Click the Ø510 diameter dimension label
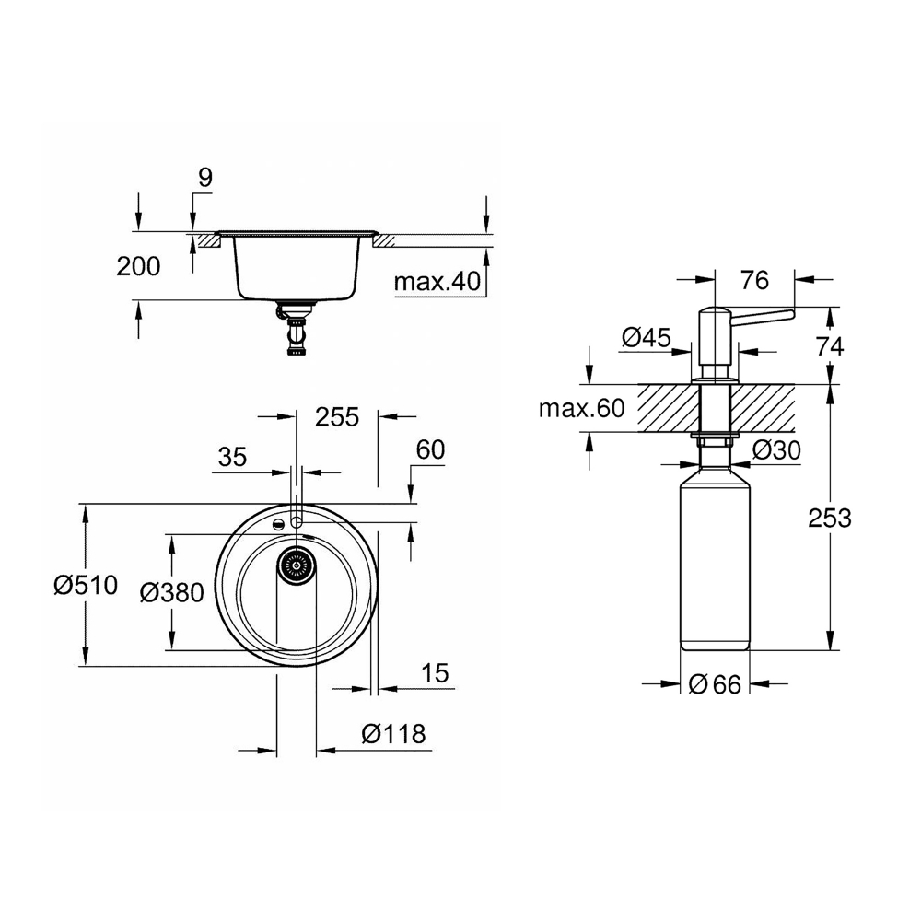pyautogui.click(x=86, y=585)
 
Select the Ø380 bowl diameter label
pyautogui.click(x=172, y=592)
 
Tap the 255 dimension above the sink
pyautogui.click(x=337, y=417)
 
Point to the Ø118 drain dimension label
pyautogui.click(x=393, y=734)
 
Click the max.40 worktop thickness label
pyautogui.click(x=437, y=282)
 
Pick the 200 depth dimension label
pyautogui.click(x=138, y=267)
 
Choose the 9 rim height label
pyautogui.click(x=205, y=177)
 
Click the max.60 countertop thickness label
pyautogui.click(x=581, y=408)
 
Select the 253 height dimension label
pyautogui.click(x=830, y=518)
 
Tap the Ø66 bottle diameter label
pyautogui.click(x=715, y=684)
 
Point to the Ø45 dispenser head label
pyautogui.click(x=647, y=337)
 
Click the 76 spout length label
pyautogui.click(x=755, y=280)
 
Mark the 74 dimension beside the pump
pyautogui.click(x=830, y=346)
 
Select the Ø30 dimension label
pyautogui.click(x=776, y=450)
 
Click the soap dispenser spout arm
pyautogui.click(x=763, y=318)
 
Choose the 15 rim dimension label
pyautogui.click(x=435, y=673)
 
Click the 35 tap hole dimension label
pyautogui.click(x=233, y=457)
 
